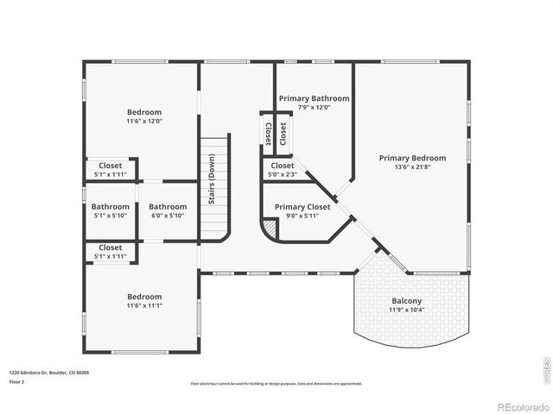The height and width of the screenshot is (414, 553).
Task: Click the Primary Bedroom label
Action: (412, 158)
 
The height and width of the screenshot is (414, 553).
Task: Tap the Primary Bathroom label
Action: (313, 98)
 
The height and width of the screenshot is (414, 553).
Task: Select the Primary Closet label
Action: (302, 207)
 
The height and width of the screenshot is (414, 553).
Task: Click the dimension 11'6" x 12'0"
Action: (144, 122)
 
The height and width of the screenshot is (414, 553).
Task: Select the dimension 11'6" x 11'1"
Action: (144, 305)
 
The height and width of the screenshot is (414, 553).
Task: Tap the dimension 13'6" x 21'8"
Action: (412, 167)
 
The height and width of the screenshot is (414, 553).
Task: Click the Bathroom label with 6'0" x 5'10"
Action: (167, 207)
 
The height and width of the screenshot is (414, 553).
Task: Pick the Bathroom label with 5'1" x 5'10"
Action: (111, 207)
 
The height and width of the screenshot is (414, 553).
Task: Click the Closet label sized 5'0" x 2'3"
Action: (283, 166)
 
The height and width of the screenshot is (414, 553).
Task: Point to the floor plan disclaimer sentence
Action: (276, 384)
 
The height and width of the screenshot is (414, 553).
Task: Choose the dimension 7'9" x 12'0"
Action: (313, 107)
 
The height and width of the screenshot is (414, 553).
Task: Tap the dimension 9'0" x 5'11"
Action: (302, 216)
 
